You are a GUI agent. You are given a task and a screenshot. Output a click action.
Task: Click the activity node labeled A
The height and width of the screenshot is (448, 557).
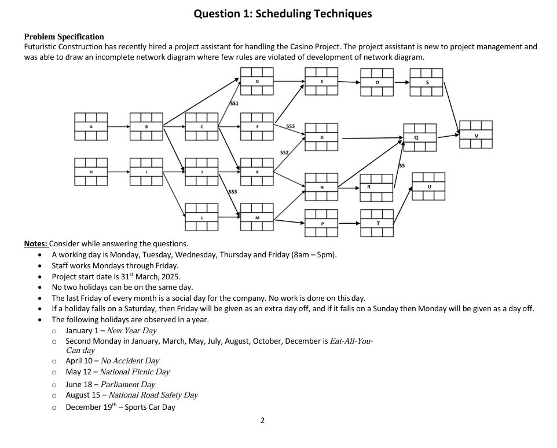coord(91,126)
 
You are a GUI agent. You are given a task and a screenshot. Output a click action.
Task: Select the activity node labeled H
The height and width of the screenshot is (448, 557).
coord(91,172)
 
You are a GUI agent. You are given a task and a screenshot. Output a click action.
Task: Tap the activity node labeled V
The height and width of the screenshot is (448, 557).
coord(475,134)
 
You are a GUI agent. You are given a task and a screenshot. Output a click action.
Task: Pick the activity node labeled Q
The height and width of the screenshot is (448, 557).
coord(420,137)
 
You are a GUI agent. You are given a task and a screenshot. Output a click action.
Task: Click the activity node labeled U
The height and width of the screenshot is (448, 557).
coord(428,186)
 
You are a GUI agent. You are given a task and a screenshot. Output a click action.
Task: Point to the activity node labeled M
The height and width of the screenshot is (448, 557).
coord(257,217)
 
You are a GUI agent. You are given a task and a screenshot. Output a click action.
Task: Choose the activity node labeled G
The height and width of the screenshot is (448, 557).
coord(321,137)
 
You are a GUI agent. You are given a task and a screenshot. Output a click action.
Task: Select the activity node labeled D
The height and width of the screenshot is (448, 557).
coord(257,82)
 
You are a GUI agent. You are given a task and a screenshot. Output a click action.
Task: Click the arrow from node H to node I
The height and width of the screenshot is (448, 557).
coord(118,172)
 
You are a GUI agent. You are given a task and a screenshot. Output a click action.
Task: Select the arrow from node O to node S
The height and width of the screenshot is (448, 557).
coord(401,82)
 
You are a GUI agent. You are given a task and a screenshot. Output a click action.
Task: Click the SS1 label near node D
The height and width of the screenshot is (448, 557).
coord(234,103)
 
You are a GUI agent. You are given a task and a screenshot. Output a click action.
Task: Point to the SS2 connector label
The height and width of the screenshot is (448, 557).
coord(284,152)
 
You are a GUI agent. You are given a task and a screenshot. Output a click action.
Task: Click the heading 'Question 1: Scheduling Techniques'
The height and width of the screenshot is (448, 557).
coord(283,13)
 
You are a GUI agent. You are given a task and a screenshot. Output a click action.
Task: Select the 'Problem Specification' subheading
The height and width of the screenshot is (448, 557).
coord(64,37)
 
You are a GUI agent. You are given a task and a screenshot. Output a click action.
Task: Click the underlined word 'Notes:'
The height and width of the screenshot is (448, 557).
coord(36,243)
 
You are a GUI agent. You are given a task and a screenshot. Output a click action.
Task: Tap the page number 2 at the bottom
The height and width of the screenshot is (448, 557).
coord(262,421)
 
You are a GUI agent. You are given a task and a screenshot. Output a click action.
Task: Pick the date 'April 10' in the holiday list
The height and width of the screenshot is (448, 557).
coord(80,360)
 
